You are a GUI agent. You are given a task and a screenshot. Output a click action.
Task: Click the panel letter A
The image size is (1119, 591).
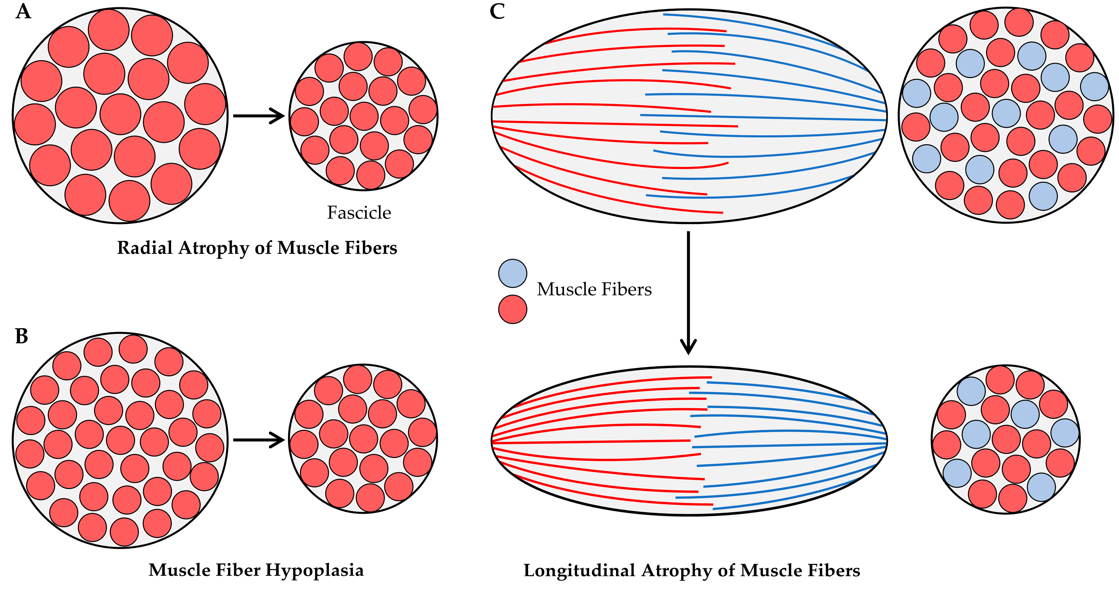click(24, 12)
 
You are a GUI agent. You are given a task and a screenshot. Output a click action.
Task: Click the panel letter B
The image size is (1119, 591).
click(22, 336)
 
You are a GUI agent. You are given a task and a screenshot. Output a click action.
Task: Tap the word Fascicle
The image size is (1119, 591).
click(359, 213)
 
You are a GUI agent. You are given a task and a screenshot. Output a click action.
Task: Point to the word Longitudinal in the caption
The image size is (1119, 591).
click(580, 571)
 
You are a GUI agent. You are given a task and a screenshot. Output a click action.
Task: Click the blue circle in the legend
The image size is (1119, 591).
click(512, 273)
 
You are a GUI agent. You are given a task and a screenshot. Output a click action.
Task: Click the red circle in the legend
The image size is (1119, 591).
click(512, 309)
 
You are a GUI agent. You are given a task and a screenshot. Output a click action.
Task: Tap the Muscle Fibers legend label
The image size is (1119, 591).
click(594, 289)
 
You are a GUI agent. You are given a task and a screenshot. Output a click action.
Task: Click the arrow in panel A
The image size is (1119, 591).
click(259, 116)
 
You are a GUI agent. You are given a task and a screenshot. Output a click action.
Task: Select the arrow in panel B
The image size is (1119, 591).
click(259, 440)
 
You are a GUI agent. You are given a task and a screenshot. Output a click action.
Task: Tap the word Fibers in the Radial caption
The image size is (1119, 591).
click(371, 248)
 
